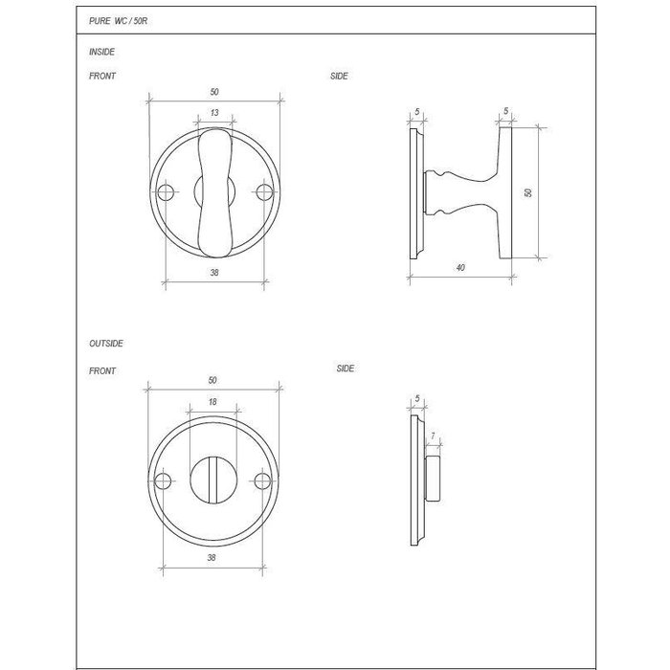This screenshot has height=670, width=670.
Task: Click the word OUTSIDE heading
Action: [105, 343]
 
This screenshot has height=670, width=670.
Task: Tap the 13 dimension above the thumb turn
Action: [212, 114]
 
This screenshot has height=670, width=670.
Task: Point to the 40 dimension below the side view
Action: [460, 268]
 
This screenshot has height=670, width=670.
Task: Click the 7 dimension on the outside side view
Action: [434, 437]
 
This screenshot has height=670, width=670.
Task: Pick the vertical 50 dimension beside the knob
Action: [528, 192]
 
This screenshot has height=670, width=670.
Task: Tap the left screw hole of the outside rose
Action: [164, 479]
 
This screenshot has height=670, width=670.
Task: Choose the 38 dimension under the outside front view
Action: [212, 555]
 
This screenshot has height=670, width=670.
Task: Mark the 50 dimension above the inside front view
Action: [213, 90]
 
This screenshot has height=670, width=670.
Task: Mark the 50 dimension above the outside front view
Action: [212, 379]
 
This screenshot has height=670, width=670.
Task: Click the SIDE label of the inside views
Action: [339, 77]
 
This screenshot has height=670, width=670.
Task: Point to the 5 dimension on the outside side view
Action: [418, 398]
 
